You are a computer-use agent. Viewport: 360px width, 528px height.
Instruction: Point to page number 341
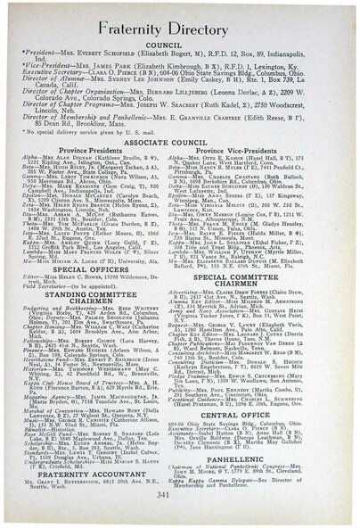(x=179, y=510)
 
